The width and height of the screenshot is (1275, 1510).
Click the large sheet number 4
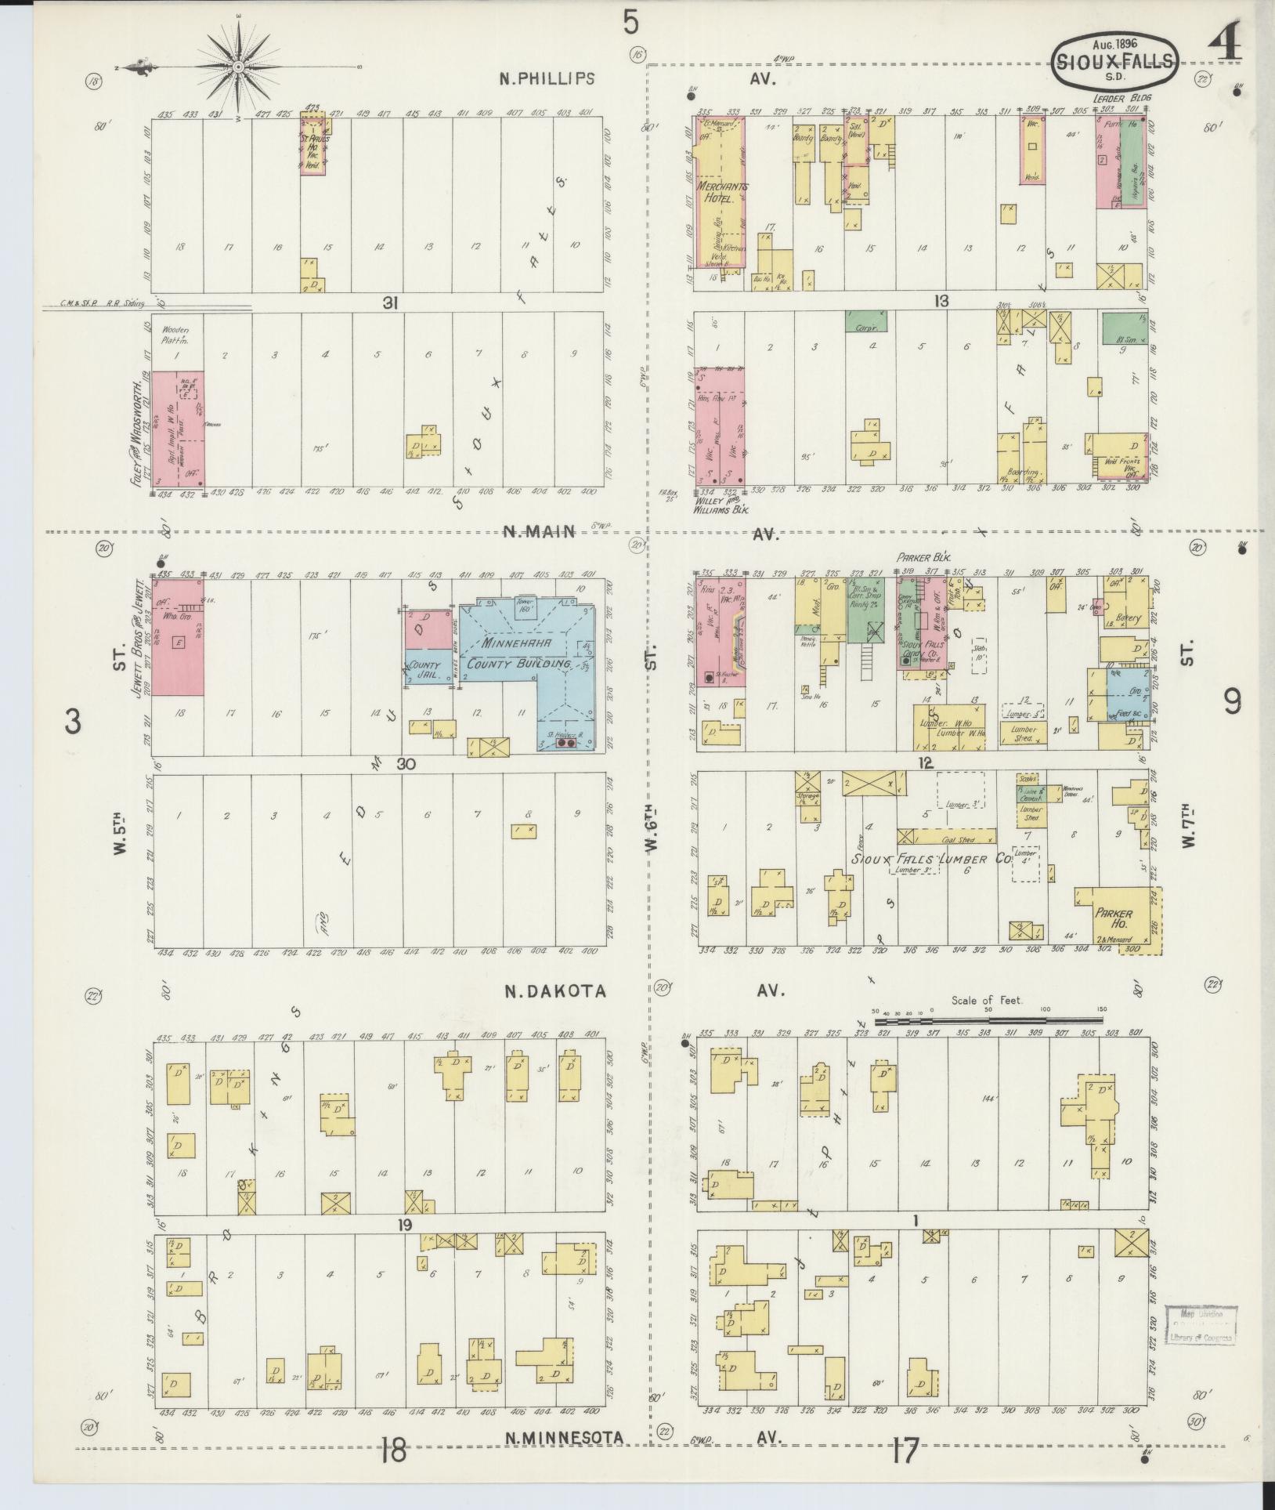click(1227, 41)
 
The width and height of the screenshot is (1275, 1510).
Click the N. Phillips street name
click(547, 78)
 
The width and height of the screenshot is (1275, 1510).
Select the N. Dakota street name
click(554, 991)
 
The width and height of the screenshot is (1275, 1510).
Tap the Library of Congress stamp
click(1201, 1325)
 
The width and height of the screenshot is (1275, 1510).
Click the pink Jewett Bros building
click(178, 636)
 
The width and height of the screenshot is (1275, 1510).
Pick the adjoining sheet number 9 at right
click(1232, 701)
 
